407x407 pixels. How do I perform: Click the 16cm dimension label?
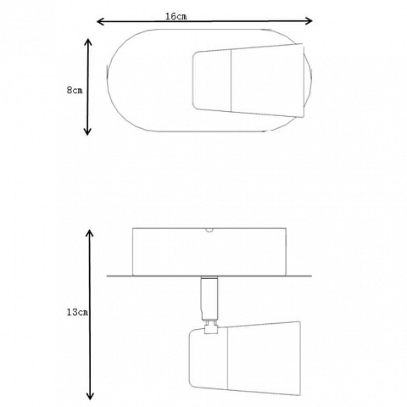click(x=176, y=16)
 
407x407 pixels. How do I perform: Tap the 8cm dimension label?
click(x=75, y=90)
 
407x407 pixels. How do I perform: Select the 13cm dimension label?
click(x=77, y=312)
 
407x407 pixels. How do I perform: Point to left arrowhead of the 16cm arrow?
click(x=100, y=21)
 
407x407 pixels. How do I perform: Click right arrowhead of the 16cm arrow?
click(x=309, y=20)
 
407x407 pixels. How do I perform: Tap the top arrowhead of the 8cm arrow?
click(x=88, y=42)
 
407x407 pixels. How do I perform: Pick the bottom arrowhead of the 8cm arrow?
click(x=88, y=131)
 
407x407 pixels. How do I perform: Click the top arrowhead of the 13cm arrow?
click(x=90, y=233)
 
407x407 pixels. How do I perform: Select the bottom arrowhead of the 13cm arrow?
click(x=90, y=395)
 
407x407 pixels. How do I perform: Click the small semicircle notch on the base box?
click(x=209, y=230)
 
